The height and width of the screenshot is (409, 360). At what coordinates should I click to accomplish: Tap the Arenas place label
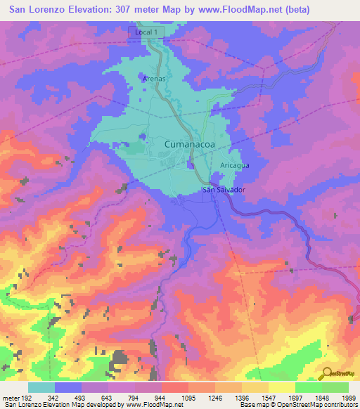pos(154,79)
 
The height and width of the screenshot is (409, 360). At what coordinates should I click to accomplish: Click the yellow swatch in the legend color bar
pos(281,387)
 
